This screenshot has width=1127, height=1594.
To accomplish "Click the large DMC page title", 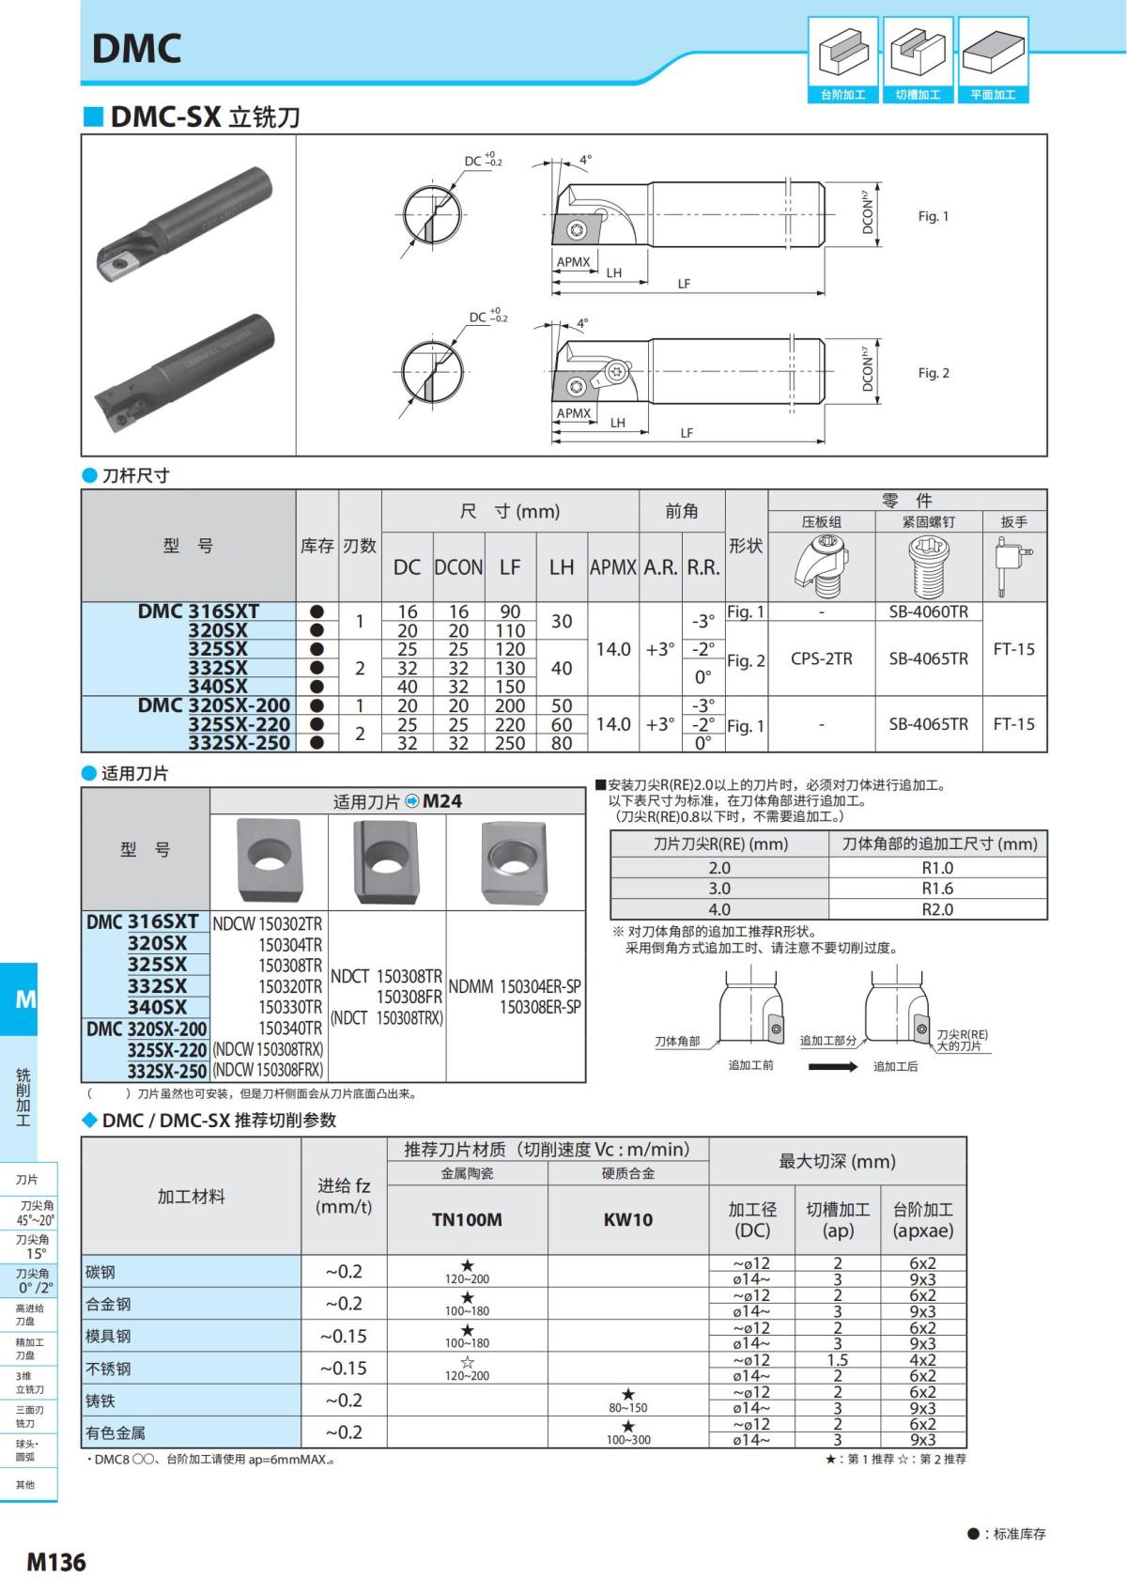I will point(137,49).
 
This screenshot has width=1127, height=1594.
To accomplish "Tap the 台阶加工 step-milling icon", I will point(842,58).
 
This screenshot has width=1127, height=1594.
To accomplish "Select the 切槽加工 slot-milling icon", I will point(918,58).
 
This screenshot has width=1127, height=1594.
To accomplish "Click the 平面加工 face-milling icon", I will point(993,58).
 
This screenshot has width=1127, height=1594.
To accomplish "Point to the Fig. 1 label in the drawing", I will point(933,216).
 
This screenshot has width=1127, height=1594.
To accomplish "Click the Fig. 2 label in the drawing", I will point(933,373).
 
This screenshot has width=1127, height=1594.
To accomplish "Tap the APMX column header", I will point(612,567).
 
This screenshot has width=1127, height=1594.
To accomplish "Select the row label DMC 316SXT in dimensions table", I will point(198,611).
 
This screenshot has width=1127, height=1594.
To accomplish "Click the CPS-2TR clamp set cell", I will point(821,658).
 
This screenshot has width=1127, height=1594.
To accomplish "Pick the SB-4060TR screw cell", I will point(928,611).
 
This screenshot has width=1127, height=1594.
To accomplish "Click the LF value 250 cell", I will point(510,743).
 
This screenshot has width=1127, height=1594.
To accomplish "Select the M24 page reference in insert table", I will point(441,801).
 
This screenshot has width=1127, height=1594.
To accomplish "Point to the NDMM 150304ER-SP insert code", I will point(514,986).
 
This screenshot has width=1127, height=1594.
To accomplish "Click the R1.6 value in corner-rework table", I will point(936,889).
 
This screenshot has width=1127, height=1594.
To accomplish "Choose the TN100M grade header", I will point(467,1219).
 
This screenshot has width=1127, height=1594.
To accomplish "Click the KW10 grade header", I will point(627,1219).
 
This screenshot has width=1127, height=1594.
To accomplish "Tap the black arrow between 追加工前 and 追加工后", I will point(832,1066).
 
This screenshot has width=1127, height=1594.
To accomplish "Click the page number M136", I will point(56,1562).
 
